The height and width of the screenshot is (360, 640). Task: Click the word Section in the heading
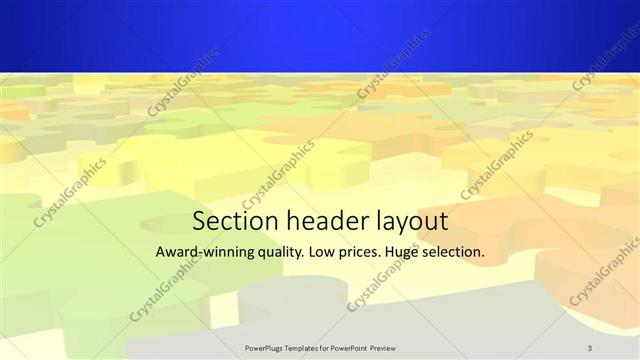point(229,219)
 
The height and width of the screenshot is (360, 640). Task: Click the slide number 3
point(590,347)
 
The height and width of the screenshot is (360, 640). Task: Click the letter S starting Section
point(199,219)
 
